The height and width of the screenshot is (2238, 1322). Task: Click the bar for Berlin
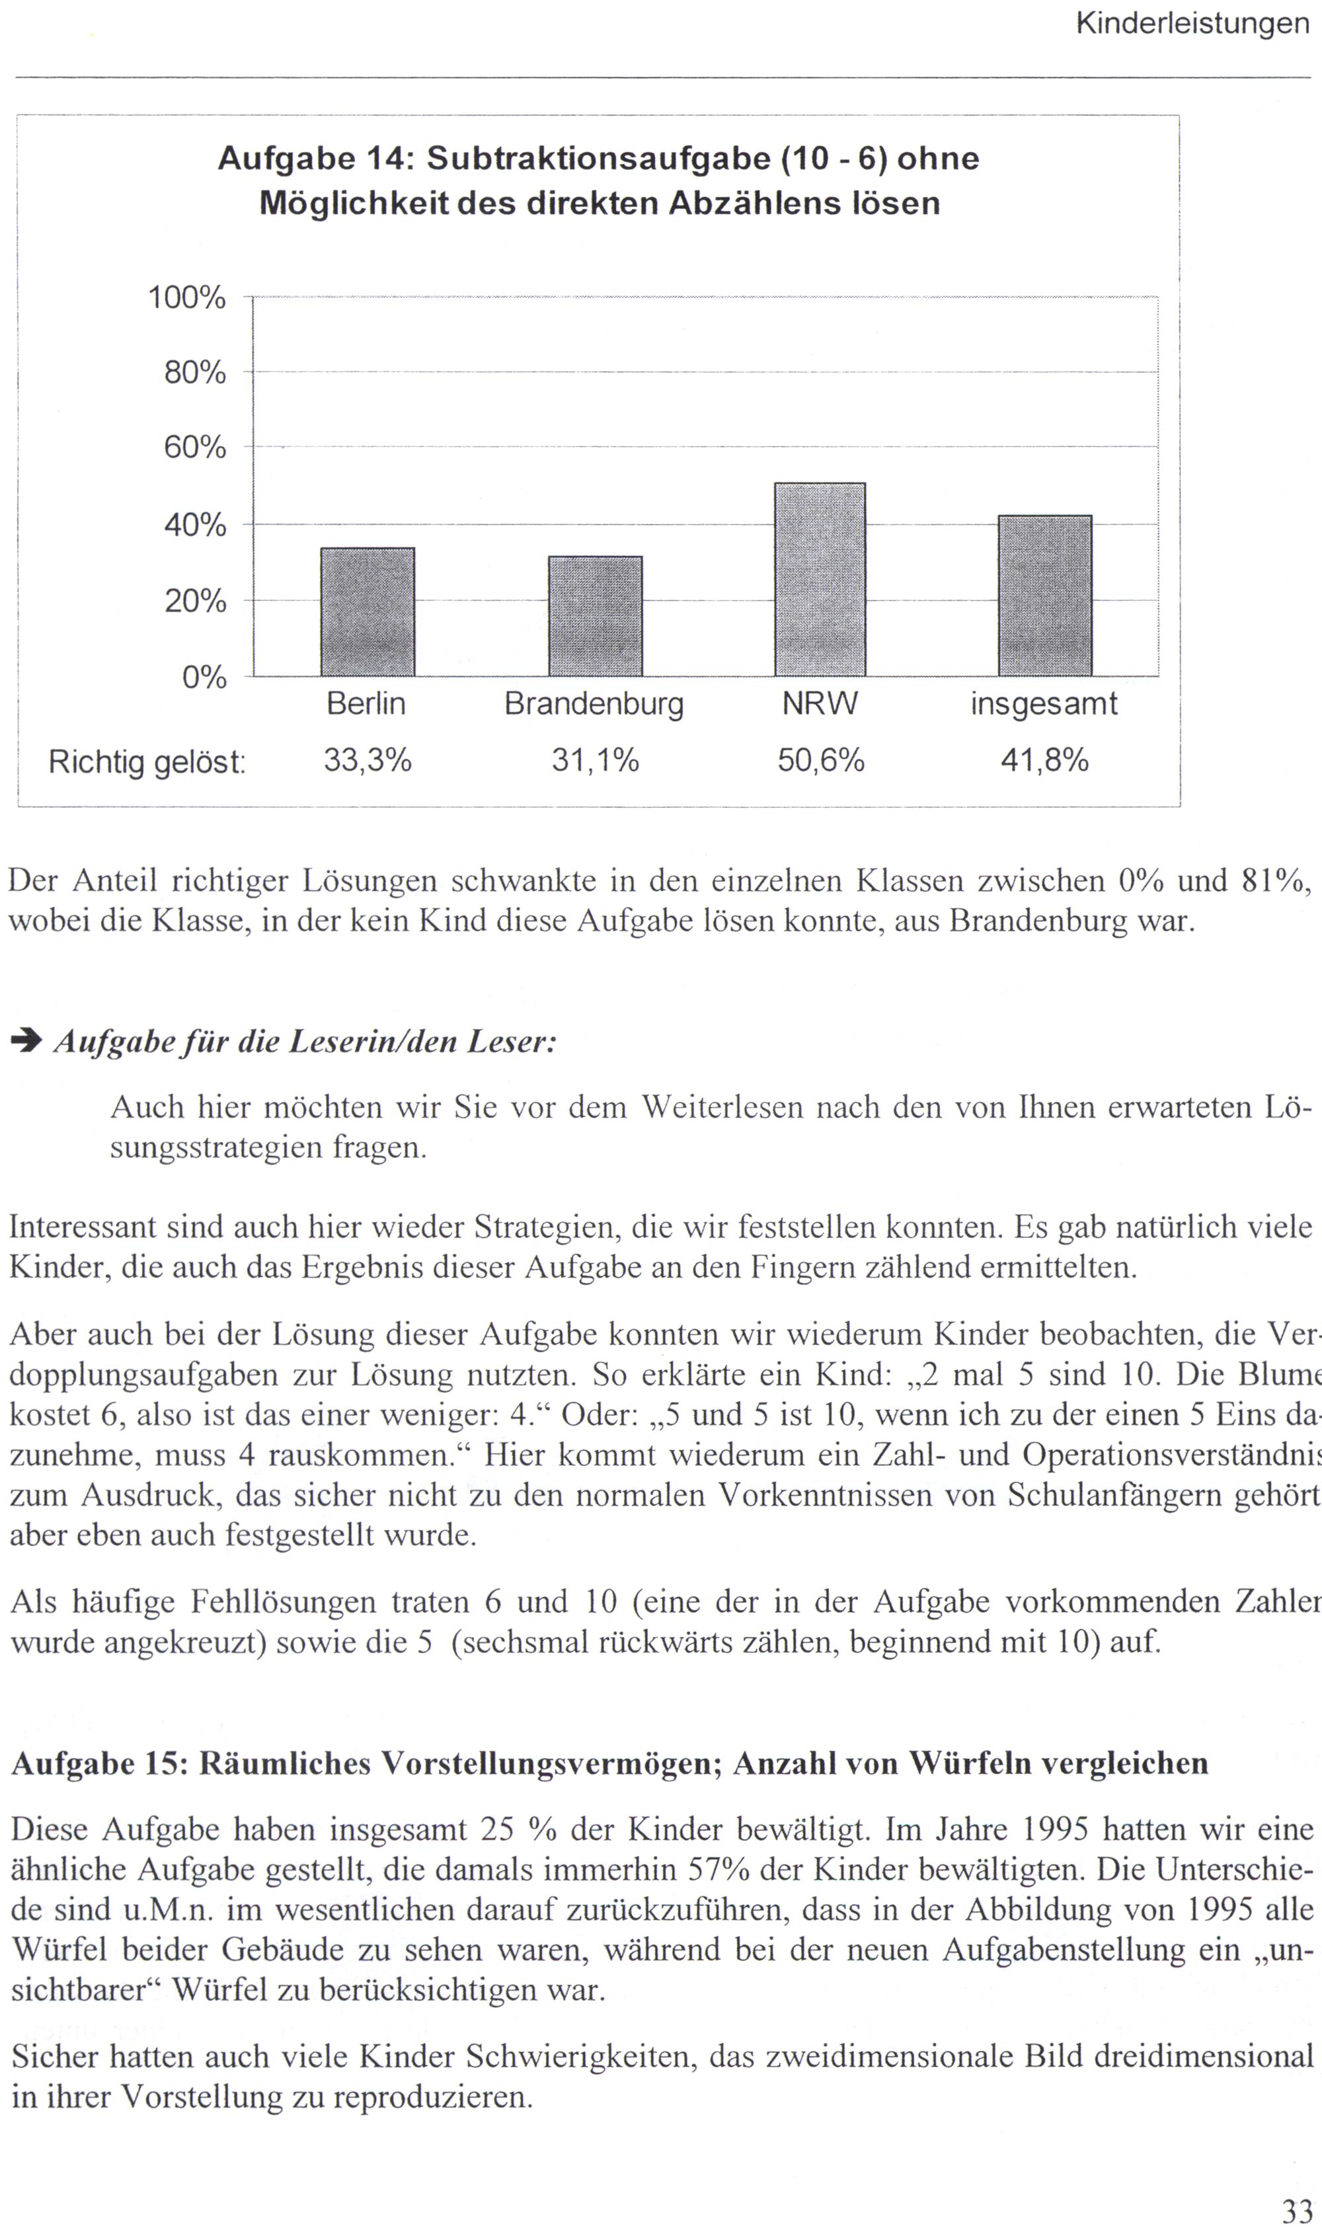tap(367, 612)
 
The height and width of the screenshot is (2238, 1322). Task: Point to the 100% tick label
tap(186, 297)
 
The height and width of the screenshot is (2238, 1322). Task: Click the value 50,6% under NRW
tap(820, 761)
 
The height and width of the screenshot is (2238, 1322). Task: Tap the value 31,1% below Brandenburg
tap(595, 761)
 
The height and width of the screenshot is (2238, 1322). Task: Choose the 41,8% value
tap(1044, 761)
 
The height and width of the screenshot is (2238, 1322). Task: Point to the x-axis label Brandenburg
tap(594, 705)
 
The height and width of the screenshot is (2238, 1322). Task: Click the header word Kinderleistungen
tap(1192, 24)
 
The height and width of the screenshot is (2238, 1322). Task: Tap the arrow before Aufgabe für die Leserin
tap(26, 1042)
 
